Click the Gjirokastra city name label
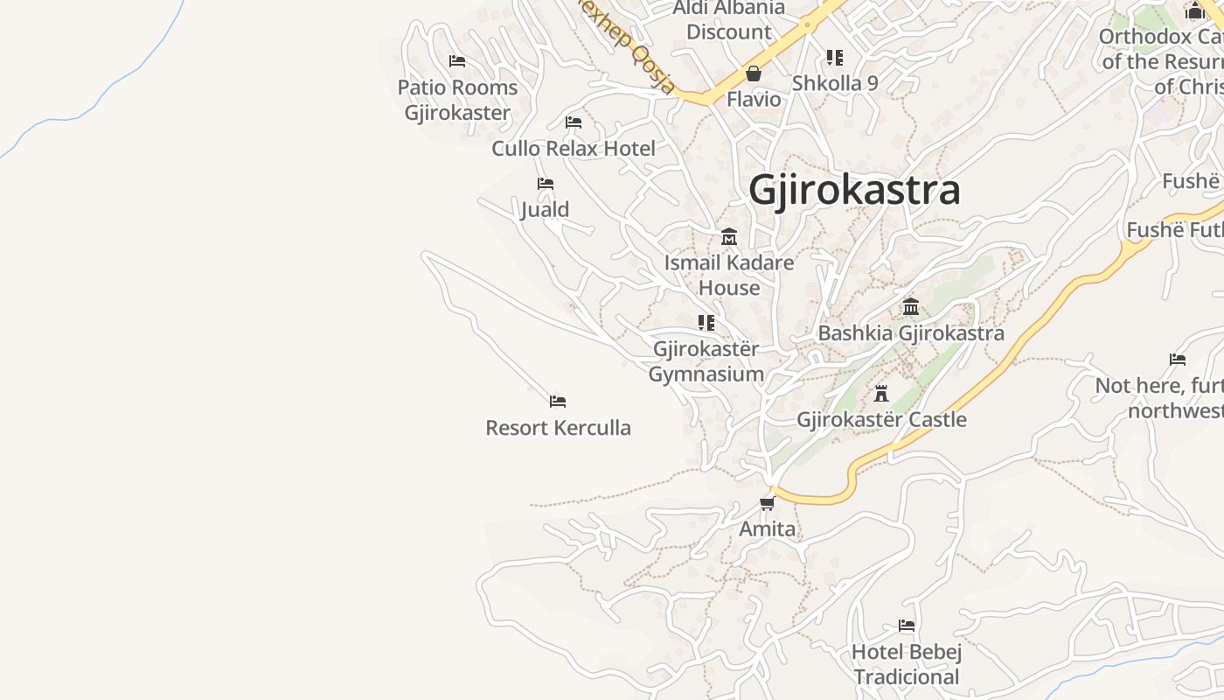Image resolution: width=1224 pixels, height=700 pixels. coord(854,190)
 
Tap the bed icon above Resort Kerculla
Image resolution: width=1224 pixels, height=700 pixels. coord(558,402)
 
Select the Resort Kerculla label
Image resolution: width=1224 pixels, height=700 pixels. coord(558,428)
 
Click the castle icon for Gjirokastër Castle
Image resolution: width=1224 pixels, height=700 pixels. coord(881,394)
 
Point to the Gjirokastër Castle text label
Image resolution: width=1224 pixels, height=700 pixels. coord(881,419)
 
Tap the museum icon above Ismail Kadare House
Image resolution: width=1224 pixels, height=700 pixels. coord(729,236)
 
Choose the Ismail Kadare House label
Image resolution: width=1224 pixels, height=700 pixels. coord(729,275)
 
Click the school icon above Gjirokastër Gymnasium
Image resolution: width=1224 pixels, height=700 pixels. coord(706,323)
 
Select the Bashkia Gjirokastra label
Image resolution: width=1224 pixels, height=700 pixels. coord(911,333)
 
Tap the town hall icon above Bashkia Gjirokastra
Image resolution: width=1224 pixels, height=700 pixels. coord(911,307)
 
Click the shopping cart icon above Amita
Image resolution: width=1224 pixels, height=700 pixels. coord(768,503)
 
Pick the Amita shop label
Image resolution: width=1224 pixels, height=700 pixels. coord(768,528)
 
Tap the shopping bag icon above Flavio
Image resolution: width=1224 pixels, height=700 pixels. coord(754,73)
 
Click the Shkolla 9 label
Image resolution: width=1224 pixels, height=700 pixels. coord(835,83)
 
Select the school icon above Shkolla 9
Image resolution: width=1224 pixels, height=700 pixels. coord(835,58)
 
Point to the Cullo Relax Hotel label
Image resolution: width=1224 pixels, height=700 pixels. coord(574,149)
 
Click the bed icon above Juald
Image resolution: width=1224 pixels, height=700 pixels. coord(546,184)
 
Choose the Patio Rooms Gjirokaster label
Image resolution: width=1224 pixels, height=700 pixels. coord(457,100)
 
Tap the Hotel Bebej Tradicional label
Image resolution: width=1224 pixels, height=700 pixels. coord(907,664)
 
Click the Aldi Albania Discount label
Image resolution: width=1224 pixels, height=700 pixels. coord(729,20)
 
